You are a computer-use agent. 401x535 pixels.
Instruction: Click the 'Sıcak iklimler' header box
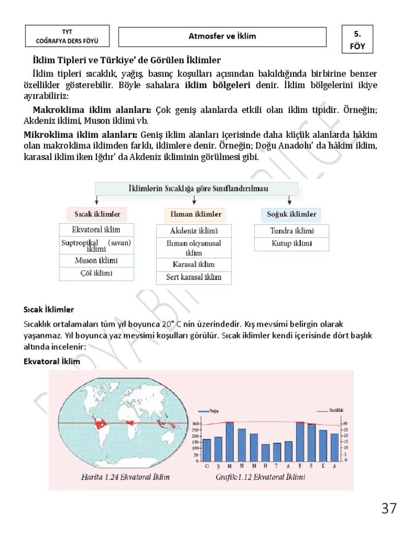point(97,214)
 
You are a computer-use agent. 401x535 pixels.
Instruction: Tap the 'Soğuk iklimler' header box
point(291,214)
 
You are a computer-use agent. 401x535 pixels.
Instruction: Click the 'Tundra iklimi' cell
point(292,230)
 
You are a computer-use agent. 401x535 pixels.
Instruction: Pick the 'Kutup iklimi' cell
point(292,244)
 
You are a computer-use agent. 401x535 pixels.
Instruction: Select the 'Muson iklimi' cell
point(97,260)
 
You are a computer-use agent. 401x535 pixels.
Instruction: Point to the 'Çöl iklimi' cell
point(97,273)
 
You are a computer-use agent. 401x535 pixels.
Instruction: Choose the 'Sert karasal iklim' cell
point(194,277)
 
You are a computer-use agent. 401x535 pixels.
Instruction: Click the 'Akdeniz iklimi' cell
point(194,231)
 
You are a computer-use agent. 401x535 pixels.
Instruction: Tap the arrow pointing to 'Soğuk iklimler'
point(290,201)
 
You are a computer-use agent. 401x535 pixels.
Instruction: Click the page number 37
point(389,508)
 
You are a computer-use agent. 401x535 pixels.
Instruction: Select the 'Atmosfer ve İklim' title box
point(222,36)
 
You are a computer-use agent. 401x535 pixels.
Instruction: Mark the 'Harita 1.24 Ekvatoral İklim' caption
point(125,478)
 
